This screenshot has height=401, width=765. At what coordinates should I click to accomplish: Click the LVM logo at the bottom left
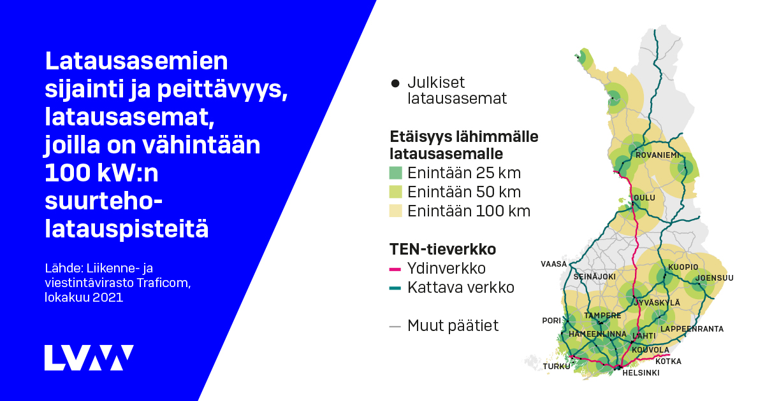click(89, 358)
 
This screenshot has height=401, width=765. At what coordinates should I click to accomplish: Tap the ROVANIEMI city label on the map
click(658, 155)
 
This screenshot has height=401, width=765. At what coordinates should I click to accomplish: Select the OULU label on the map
click(644, 198)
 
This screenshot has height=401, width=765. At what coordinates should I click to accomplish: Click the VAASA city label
click(553, 264)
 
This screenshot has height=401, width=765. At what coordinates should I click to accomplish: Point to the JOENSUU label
click(715, 278)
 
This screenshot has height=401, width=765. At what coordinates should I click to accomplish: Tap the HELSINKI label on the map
click(640, 373)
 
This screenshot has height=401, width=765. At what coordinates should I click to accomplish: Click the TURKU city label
click(557, 367)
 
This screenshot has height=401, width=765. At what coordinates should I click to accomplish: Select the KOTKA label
click(668, 362)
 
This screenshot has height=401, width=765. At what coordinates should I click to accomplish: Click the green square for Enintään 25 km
click(396, 173)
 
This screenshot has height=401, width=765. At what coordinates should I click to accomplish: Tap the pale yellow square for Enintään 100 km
click(396, 211)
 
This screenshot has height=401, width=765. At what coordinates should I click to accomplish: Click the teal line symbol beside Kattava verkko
click(395, 288)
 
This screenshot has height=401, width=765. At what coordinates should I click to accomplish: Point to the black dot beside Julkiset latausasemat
click(395, 83)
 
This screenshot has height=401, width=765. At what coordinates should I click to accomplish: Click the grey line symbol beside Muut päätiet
click(395, 327)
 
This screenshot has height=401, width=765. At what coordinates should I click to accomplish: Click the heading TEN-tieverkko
click(442, 248)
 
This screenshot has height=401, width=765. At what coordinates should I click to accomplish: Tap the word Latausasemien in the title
click(136, 62)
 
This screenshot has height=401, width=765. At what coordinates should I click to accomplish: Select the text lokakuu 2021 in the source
click(84, 297)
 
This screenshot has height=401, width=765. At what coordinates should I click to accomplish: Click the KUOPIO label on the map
click(683, 267)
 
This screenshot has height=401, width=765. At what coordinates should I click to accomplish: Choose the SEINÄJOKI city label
click(594, 277)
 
